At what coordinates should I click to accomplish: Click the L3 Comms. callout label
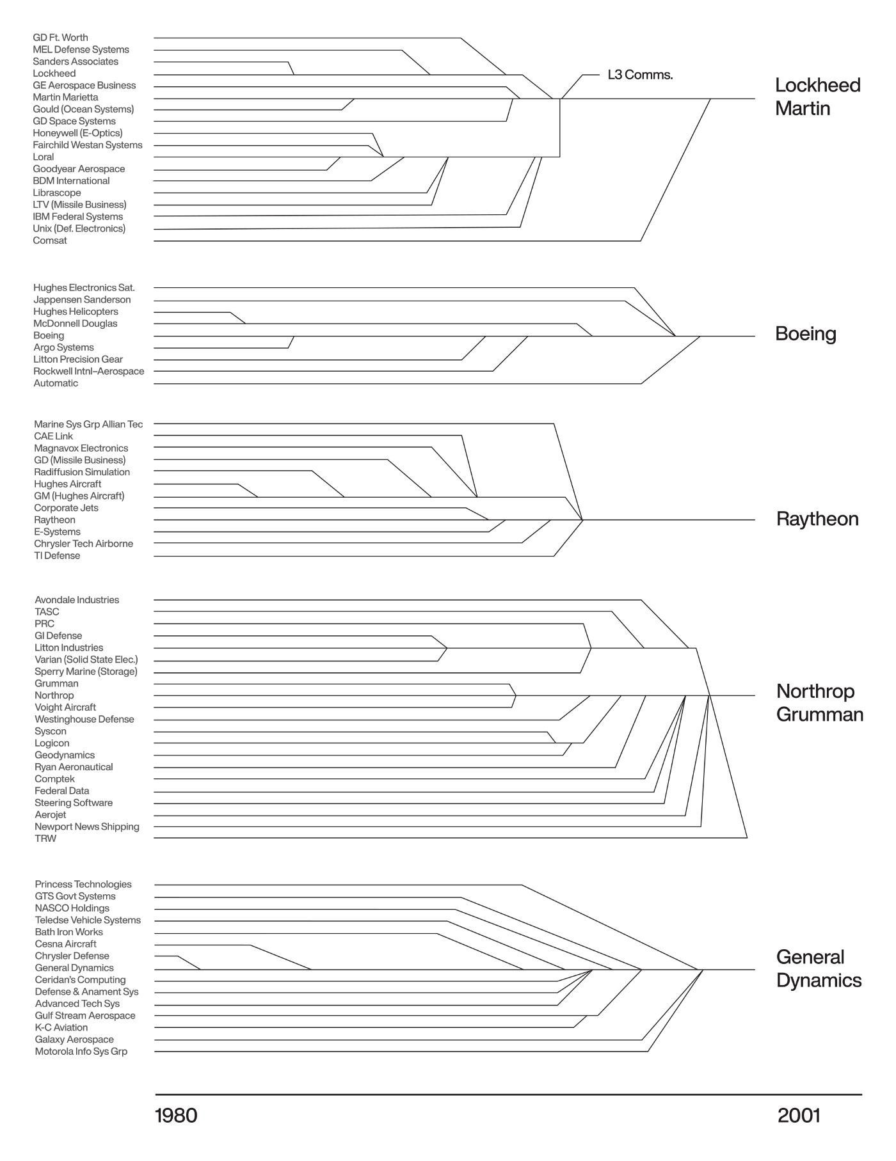pyautogui.click(x=639, y=75)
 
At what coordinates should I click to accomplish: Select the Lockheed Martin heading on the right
pyautogui.click(x=817, y=97)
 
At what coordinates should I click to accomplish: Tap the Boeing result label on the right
pyautogui.click(x=805, y=334)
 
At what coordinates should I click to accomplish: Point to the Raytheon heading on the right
pyautogui.click(x=817, y=519)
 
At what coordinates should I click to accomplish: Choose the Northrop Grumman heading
pyautogui.click(x=819, y=702)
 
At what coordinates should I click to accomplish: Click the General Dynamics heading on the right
pyautogui.click(x=819, y=968)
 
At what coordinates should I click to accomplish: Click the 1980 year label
pyautogui.click(x=176, y=1116)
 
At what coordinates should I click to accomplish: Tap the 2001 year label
pyautogui.click(x=799, y=1116)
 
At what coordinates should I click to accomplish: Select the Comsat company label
pyautogui.click(x=50, y=241)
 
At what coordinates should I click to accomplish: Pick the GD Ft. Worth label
pyautogui.click(x=60, y=38)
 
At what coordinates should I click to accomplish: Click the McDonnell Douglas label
pyautogui.click(x=76, y=324)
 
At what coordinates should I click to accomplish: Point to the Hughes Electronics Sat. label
pyautogui.click(x=84, y=288)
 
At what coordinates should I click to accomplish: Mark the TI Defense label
pyautogui.click(x=57, y=556)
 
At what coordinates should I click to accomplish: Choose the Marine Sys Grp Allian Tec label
pyautogui.click(x=88, y=424)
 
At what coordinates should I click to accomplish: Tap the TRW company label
pyautogui.click(x=45, y=839)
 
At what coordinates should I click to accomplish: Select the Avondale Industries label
pyautogui.click(x=77, y=600)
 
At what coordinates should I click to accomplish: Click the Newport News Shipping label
pyautogui.click(x=86, y=826)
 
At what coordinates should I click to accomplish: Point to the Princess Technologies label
pyautogui.click(x=83, y=884)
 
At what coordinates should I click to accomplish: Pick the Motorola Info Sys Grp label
pyautogui.click(x=81, y=1052)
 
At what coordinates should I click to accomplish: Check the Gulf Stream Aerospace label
pyautogui.click(x=85, y=1016)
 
